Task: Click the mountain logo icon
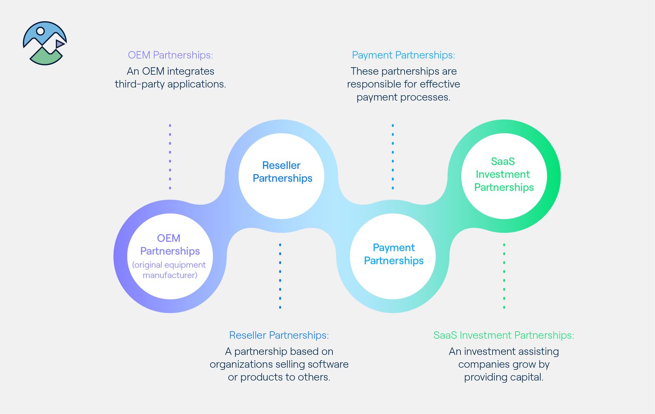tap(45, 43)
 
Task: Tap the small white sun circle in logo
tap(40, 31)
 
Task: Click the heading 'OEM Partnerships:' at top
tap(170, 55)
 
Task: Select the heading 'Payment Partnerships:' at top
tap(403, 55)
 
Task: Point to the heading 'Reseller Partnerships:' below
tap(279, 335)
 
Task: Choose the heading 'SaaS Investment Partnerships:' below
tap(504, 335)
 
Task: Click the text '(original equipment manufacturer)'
tap(169, 270)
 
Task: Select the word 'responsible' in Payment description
tap(373, 84)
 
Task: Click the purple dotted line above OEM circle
tap(170, 157)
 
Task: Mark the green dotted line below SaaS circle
tap(504, 276)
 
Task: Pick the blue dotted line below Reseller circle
tap(280, 276)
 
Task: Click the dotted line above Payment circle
tap(393, 157)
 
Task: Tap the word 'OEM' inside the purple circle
tap(169, 238)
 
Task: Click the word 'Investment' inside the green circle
tap(503, 175)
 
